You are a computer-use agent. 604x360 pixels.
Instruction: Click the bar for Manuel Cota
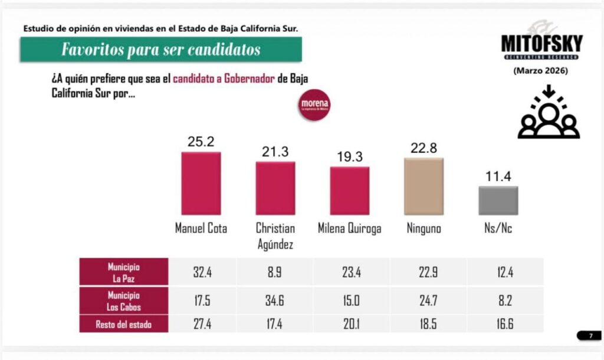[x=201, y=184]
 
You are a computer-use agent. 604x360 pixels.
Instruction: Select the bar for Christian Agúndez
[x=275, y=188]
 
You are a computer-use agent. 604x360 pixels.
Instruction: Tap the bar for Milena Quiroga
[x=349, y=191]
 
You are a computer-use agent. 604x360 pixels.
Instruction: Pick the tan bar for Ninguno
[x=424, y=186]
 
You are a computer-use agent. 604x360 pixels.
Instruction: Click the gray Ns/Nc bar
[x=498, y=201]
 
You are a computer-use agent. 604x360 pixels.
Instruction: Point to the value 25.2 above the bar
[x=201, y=142]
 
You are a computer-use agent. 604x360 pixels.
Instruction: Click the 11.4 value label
[x=498, y=176]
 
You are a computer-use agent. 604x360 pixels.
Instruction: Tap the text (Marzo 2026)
[x=541, y=71]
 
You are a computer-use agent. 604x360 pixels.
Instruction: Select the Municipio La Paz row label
[x=123, y=271]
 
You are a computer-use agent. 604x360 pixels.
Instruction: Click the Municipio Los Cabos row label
[x=123, y=300]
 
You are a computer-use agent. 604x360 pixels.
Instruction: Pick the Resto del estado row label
[x=123, y=323]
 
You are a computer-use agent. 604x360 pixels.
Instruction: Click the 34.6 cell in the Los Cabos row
[x=275, y=300]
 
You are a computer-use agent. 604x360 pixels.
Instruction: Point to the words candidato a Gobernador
[x=224, y=80]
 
